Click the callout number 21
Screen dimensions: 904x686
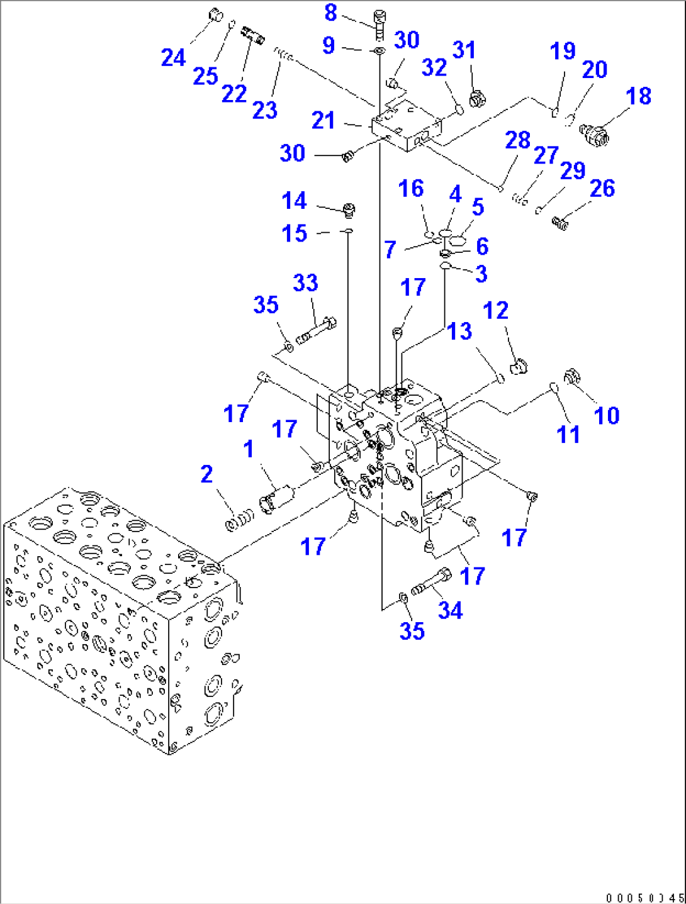tap(323, 120)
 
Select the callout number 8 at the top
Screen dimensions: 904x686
tap(330, 13)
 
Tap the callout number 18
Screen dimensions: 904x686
tap(638, 96)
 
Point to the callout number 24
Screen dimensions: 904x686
tap(173, 58)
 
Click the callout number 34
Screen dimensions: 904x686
tap(450, 610)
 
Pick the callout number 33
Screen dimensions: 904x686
tap(305, 283)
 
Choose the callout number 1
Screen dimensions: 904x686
tap(249, 449)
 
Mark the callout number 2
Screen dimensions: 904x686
tap(206, 474)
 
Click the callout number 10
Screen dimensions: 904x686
tap(607, 415)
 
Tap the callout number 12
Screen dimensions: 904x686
tap(495, 310)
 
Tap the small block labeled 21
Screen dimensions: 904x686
tap(406, 129)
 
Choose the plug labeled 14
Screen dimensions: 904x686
tap(348, 209)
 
